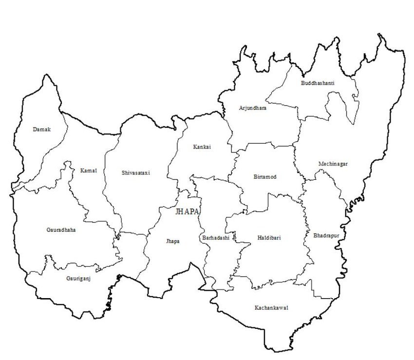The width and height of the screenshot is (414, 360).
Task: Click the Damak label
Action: click(x=42, y=129)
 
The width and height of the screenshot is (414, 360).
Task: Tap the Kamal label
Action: click(x=89, y=170)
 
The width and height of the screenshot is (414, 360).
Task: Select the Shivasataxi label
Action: click(x=135, y=172)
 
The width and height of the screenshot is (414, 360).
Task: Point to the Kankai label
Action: click(x=202, y=146)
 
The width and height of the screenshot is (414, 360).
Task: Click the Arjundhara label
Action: click(x=252, y=108)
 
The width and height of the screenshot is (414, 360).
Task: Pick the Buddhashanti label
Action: click(x=318, y=83)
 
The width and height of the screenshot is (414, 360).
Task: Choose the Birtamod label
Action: click(x=265, y=177)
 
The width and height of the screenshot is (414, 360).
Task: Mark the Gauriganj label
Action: click(x=78, y=279)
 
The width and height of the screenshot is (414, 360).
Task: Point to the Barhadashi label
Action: click(x=215, y=238)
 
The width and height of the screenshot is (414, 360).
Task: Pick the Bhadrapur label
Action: click(x=326, y=235)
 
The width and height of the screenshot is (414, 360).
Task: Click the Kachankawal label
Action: click(x=271, y=308)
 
